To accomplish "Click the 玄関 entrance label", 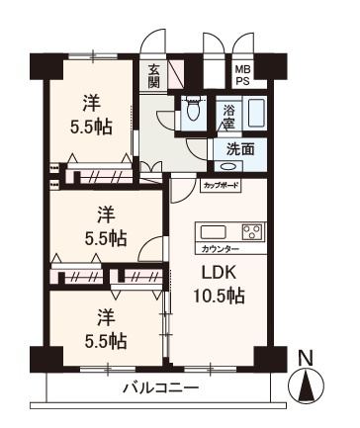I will coord(155,76).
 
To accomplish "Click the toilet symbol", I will coord(193,113).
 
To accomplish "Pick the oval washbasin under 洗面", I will coord(227,166).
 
